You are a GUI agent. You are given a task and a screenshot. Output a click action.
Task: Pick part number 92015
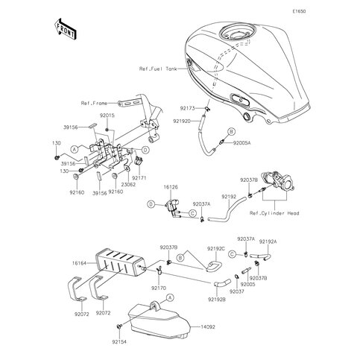pyautogui.click(x=108, y=117)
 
